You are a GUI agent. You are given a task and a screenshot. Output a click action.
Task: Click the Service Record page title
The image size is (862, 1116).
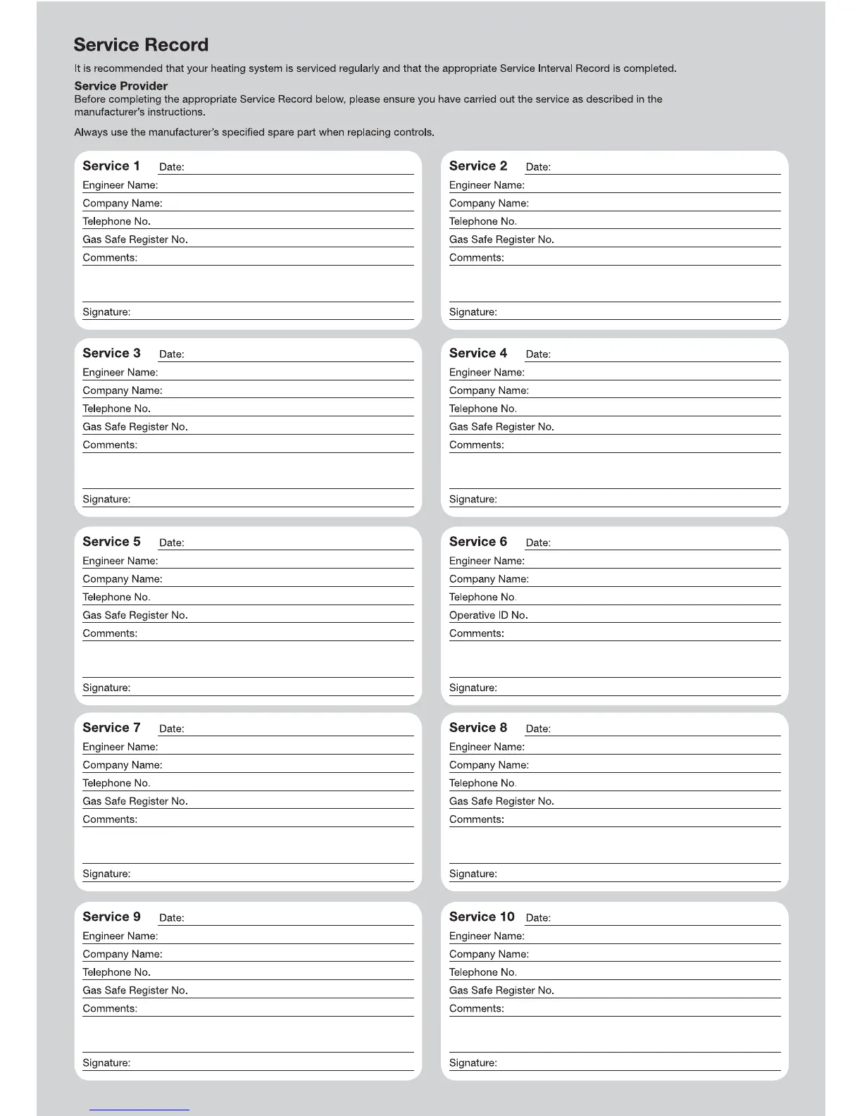tap(141, 45)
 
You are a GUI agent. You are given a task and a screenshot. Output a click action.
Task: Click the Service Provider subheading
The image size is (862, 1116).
tap(120, 86)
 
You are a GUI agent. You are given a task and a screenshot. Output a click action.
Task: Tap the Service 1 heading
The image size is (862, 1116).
tap(111, 166)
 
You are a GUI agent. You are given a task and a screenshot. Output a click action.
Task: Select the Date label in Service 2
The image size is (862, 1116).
tap(538, 168)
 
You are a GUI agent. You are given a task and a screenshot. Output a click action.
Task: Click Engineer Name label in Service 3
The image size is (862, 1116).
tap(120, 373)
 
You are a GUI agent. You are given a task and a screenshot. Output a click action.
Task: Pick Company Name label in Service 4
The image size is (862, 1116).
tap(489, 391)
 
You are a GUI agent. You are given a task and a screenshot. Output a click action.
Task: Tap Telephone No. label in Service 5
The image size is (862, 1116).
tap(116, 597)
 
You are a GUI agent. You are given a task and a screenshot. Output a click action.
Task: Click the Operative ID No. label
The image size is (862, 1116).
tap(488, 616)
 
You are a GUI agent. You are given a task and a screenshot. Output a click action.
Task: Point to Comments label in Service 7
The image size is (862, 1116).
tap(110, 820)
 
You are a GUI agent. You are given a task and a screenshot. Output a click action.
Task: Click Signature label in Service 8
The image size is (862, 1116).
tap(473, 874)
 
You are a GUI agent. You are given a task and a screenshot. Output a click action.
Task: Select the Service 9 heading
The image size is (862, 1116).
tap(111, 917)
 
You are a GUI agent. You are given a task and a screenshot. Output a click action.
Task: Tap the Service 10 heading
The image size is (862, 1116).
tap(482, 917)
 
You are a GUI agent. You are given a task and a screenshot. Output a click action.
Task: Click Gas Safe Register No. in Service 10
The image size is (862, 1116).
tap(501, 991)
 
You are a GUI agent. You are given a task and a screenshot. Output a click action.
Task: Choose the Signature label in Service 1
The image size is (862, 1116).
tap(106, 312)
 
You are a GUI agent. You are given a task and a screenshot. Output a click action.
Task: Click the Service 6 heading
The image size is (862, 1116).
tap(478, 542)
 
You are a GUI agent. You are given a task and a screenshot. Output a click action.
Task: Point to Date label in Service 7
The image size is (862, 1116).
tap(171, 729)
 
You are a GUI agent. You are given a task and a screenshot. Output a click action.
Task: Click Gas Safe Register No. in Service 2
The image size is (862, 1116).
tap(501, 240)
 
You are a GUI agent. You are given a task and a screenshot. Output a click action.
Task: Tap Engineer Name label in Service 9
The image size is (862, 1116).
tap(120, 936)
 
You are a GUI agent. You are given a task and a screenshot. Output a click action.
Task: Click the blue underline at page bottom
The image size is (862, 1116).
tap(139, 1110)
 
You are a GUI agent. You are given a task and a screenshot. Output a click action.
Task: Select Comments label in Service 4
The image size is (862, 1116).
tap(476, 445)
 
